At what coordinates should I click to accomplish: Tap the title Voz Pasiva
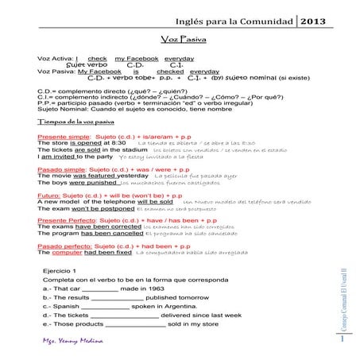click(x=180, y=40)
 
